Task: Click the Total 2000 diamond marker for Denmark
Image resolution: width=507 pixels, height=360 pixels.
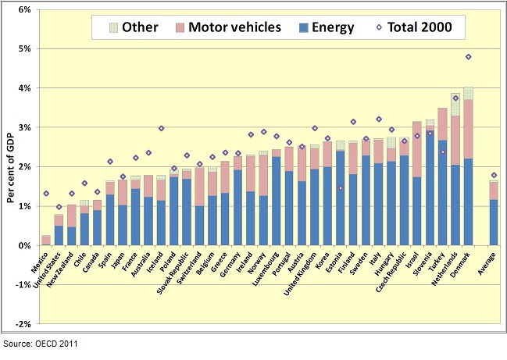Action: [x=469, y=57]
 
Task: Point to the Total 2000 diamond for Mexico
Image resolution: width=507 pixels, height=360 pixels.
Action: [x=46, y=193]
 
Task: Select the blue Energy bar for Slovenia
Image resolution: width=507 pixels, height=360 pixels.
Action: [x=430, y=187]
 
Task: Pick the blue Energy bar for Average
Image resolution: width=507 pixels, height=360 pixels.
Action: [x=494, y=223]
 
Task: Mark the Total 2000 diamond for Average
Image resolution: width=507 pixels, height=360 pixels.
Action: [x=494, y=175]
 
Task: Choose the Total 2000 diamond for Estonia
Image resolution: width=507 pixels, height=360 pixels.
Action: [x=341, y=187]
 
